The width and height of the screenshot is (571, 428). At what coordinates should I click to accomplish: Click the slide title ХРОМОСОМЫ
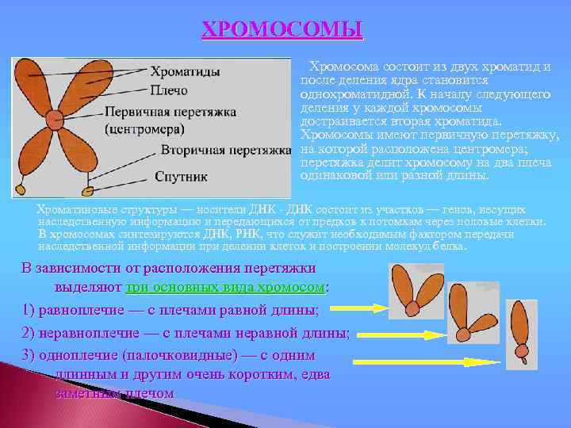(283, 30)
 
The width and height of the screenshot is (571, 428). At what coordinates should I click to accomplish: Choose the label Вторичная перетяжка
(226, 149)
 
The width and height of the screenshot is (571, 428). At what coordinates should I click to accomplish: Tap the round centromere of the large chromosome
(55, 120)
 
